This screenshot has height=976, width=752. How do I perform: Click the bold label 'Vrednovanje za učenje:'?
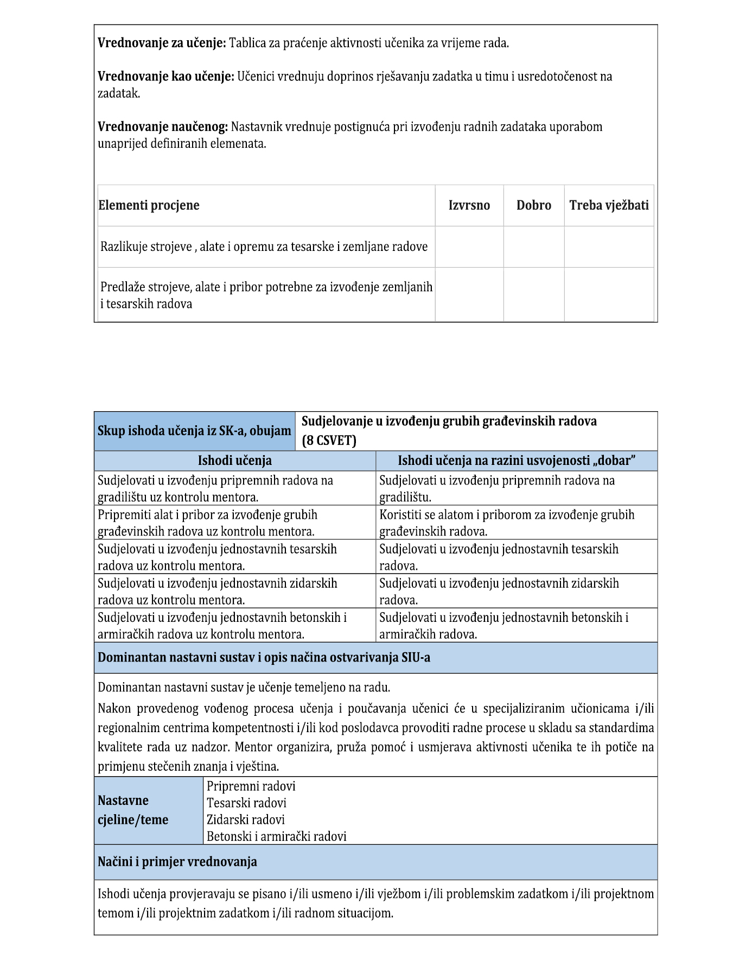coord(162,43)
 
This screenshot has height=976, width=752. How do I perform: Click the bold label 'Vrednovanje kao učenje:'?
coord(165,77)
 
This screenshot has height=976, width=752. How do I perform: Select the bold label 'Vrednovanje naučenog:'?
coord(163,127)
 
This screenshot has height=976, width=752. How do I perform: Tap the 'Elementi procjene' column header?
coord(149,205)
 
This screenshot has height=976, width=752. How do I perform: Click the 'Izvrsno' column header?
coord(469,205)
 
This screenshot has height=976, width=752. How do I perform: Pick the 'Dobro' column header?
coord(533,205)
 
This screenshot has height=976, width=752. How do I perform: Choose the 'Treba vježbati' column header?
coord(609,205)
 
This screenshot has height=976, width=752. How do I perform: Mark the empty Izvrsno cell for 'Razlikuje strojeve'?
coord(469,247)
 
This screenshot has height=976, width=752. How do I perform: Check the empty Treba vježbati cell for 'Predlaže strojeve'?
coord(609,294)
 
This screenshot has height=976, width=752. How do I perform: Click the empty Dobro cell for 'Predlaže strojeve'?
coord(533,294)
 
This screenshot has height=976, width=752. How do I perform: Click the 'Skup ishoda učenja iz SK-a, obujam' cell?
coord(194,431)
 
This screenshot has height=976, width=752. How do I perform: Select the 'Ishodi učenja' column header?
coord(234,461)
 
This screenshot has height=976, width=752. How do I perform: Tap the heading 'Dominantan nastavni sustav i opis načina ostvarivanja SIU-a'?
coord(264,658)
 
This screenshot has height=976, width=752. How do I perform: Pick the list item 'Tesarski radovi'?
coord(246,803)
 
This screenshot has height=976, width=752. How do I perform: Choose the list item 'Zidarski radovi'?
coord(245,820)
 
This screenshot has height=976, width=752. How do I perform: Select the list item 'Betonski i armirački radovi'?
coord(276,836)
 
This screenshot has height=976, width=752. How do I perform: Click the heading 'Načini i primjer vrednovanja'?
coord(177,862)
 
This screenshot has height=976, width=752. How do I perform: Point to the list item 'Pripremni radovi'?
coord(251,786)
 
